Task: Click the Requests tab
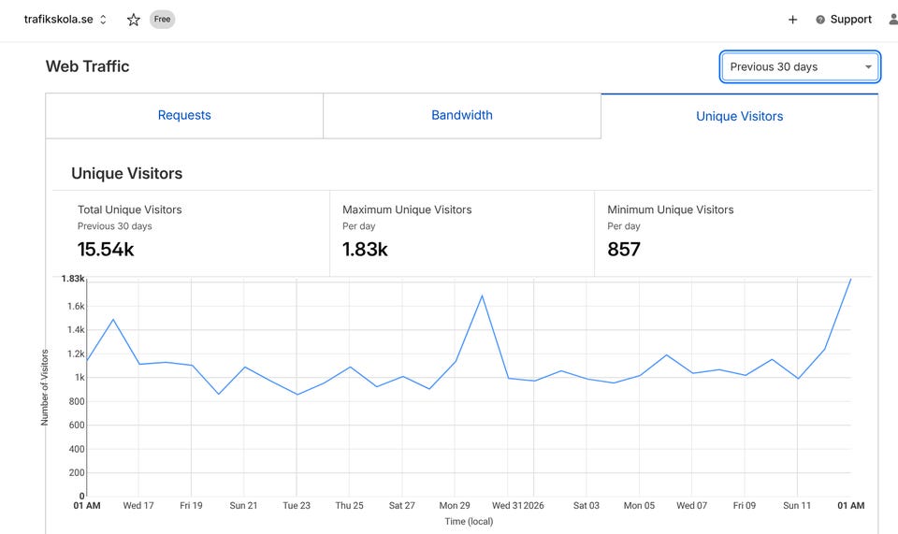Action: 184,116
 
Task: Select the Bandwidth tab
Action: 462,116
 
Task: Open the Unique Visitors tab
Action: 740,117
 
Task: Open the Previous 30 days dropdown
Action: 800,67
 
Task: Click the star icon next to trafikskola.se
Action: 134,20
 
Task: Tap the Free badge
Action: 163,20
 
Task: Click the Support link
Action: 850,20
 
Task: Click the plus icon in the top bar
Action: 792,20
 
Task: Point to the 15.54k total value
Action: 106,250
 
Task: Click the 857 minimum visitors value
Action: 624,250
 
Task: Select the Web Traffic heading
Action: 87,66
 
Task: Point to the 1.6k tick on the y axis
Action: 75,306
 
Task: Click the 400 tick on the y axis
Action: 76,449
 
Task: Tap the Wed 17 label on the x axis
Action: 138,506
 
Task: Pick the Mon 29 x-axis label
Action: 455,506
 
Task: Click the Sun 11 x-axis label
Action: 797,506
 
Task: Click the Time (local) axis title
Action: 468,522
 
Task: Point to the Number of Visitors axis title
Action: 44,387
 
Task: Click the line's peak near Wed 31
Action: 482,296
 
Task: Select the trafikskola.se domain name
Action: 58,20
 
